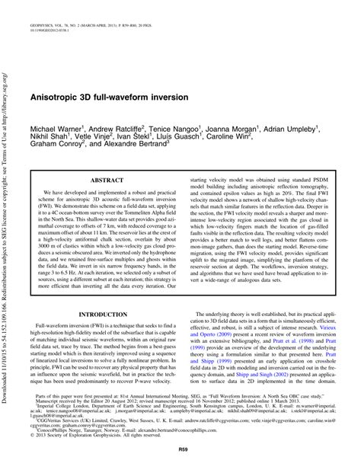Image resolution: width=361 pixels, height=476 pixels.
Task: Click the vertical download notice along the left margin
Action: [8, 228]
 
